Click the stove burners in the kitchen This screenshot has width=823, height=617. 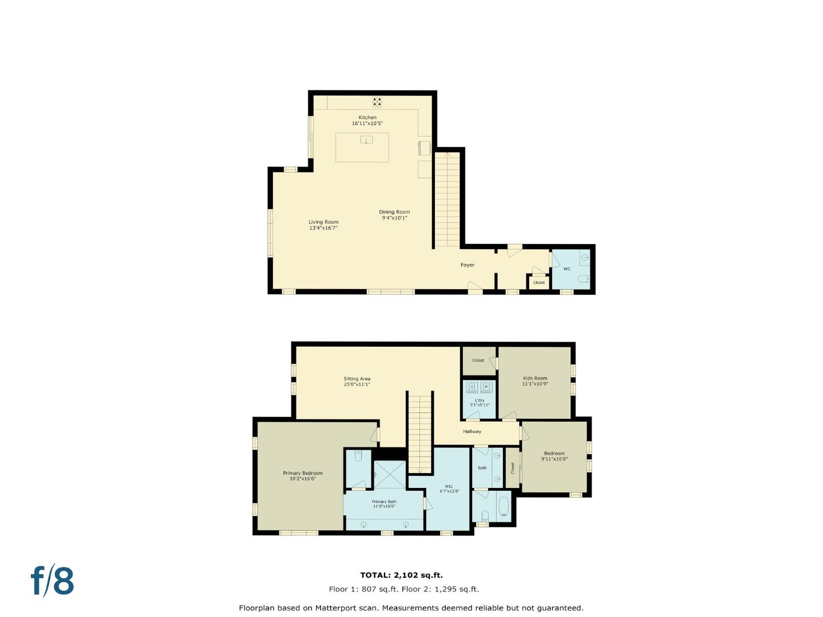tap(377, 102)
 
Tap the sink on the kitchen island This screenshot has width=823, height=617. tap(366, 140)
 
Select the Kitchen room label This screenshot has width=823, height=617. tap(367, 118)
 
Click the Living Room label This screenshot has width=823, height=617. tap(323, 222)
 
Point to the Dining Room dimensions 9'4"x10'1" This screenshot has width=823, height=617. tap(394, 218)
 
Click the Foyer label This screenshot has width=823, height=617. tap(468, 265)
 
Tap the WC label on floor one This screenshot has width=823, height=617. tap(567, 269)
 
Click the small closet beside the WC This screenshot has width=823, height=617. tap(539, 282)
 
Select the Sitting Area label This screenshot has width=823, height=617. tap(357, 379)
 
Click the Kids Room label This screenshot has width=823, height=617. tap(535, 378)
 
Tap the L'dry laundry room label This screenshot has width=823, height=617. tap(480, 400)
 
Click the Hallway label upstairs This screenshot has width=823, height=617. tap(472, 432)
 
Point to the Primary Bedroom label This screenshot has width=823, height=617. tap(303, 473)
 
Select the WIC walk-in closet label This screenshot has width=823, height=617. tap(449, 487)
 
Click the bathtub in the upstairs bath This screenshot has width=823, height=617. tap(504, 507)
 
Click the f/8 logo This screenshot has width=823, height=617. tap(52, 581)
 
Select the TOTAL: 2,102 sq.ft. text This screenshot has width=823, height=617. tap(401, 575)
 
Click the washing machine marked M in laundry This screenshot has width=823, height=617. tap(486, 387)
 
